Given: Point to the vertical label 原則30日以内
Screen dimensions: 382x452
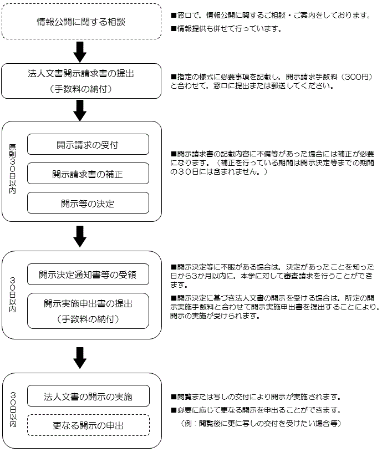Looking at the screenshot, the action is tap(12, 169).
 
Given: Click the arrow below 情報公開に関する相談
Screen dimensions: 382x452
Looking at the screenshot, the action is tap(80, 52).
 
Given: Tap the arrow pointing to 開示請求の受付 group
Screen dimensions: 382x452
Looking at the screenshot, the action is tap(80, 110).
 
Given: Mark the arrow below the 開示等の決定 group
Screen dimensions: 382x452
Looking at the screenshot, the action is tap(80, 236).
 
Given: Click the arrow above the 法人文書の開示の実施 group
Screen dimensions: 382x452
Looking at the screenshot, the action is tap(80, 358).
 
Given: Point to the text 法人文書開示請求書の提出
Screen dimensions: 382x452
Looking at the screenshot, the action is tap(81, 74).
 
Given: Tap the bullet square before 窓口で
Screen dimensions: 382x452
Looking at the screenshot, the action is tap(174, 16).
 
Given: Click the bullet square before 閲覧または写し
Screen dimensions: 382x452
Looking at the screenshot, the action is tap(174, 397).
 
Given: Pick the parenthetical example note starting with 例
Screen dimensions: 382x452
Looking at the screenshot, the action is tap(261, 423).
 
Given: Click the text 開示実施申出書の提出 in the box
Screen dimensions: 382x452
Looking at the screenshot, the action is tap(88, 303).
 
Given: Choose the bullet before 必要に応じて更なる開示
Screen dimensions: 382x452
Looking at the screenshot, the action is tap(174, 410).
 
